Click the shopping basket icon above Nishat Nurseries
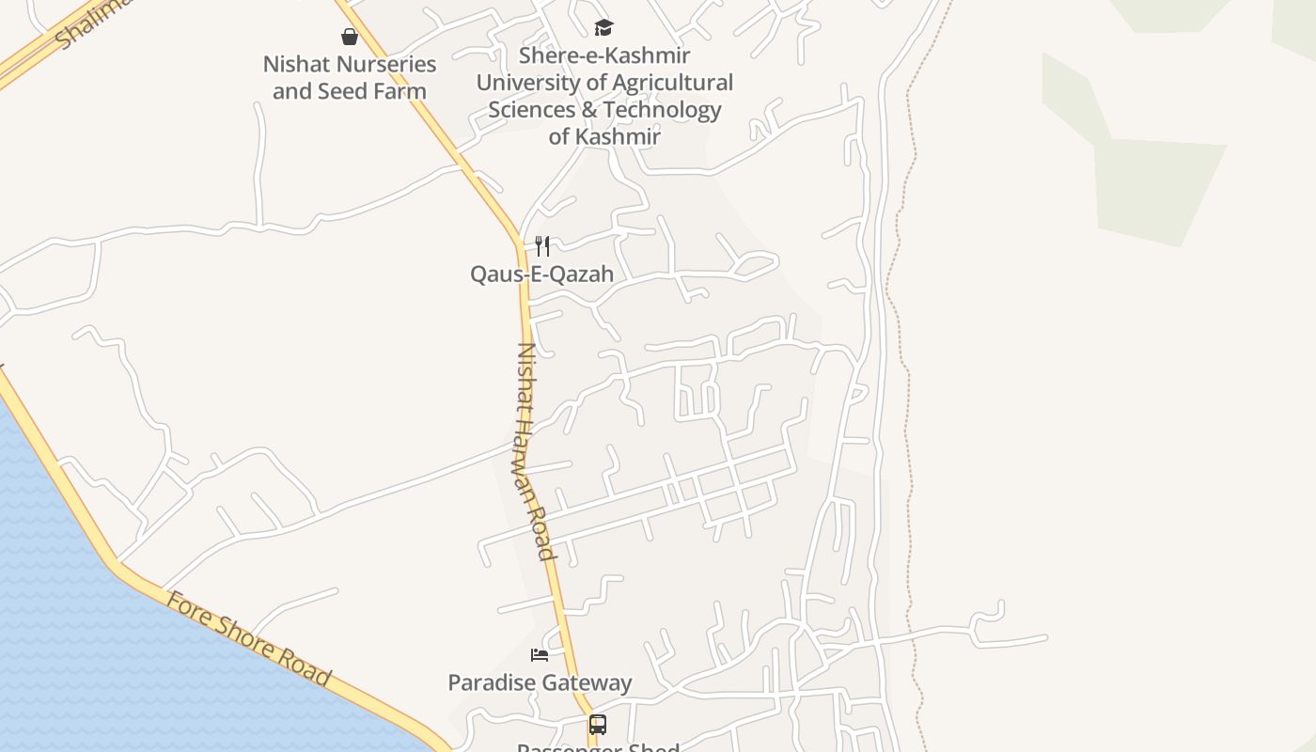[x=350, y=37]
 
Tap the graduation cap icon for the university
[x=603, y=28]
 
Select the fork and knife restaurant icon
[x=542, y=246]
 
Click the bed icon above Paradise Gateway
[x=540, y=654]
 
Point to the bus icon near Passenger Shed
[x=598, y=725]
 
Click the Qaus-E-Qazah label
[x=541, y=274]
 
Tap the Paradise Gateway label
[x=540, y=682]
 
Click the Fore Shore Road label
[x=249, y=638]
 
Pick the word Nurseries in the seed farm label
[x=386, y=65]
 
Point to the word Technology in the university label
[x=662, y=109]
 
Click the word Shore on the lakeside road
[x=249, y=638]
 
